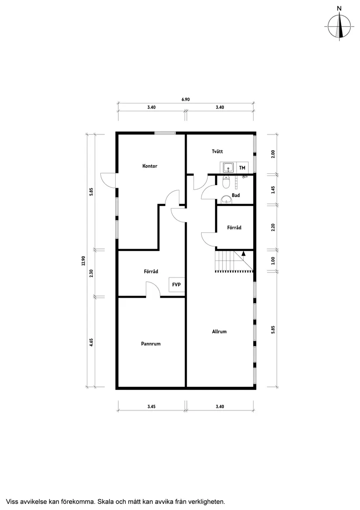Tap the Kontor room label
point(150,166)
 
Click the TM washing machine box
point(242,168)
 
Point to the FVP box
point(177,285)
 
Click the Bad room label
point(236,195)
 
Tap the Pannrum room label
point(151,344)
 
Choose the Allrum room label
point(219,331)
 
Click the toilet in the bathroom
point(226,181)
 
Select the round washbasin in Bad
point(226,199)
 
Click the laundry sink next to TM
point(228,168)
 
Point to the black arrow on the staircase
point(243,253)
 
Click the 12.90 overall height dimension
point(82,261)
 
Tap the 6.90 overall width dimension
point(185,100)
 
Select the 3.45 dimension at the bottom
point(151,407)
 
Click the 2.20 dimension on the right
point(273,227)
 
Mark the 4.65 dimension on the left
point(92,343)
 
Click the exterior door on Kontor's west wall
point(109,180)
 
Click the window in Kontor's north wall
point(165,133)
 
